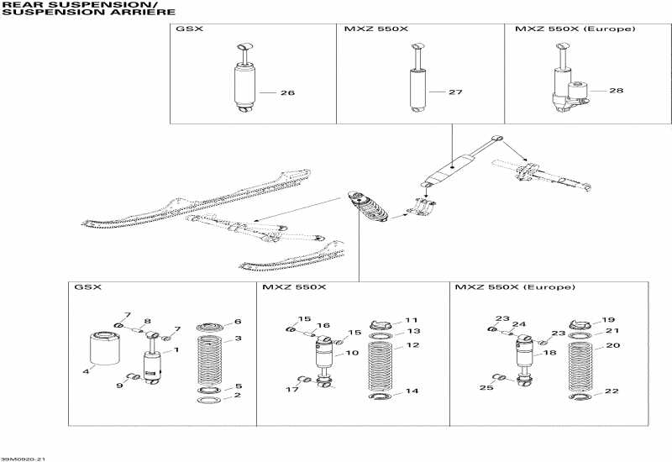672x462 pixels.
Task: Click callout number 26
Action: [x=286, y=92]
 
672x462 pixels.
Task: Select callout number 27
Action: [x=455, y=92]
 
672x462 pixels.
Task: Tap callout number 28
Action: [x=617, y=90]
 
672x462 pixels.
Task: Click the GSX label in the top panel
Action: [x=186, y=29]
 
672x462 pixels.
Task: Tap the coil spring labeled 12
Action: [x=382, y=365]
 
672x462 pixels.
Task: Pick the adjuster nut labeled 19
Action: [x=578, y=323]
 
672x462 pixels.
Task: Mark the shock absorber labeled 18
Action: [x=522, y=356]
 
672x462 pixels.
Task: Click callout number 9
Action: [x=120, y=386]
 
